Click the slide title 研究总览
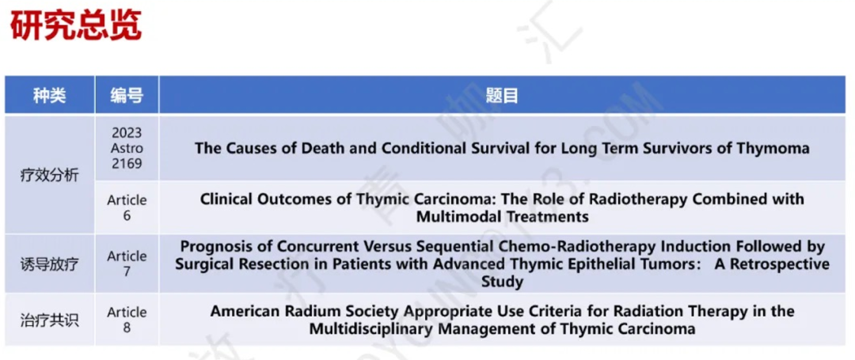coord(76,25)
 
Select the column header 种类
coord(50,96)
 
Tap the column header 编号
coord(127,96)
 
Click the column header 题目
coord(502,96)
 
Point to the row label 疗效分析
coord(50,176)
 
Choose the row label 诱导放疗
coord(50,265)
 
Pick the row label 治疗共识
coord(50,320)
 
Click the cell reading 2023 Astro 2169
coord(127,148)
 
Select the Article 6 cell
coord(127,207)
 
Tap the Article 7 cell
coord(127,263)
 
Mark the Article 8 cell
coord(127,320)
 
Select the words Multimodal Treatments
coord(502,216)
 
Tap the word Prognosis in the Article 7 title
coord(212,247)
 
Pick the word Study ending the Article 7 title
coord(502,282)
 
